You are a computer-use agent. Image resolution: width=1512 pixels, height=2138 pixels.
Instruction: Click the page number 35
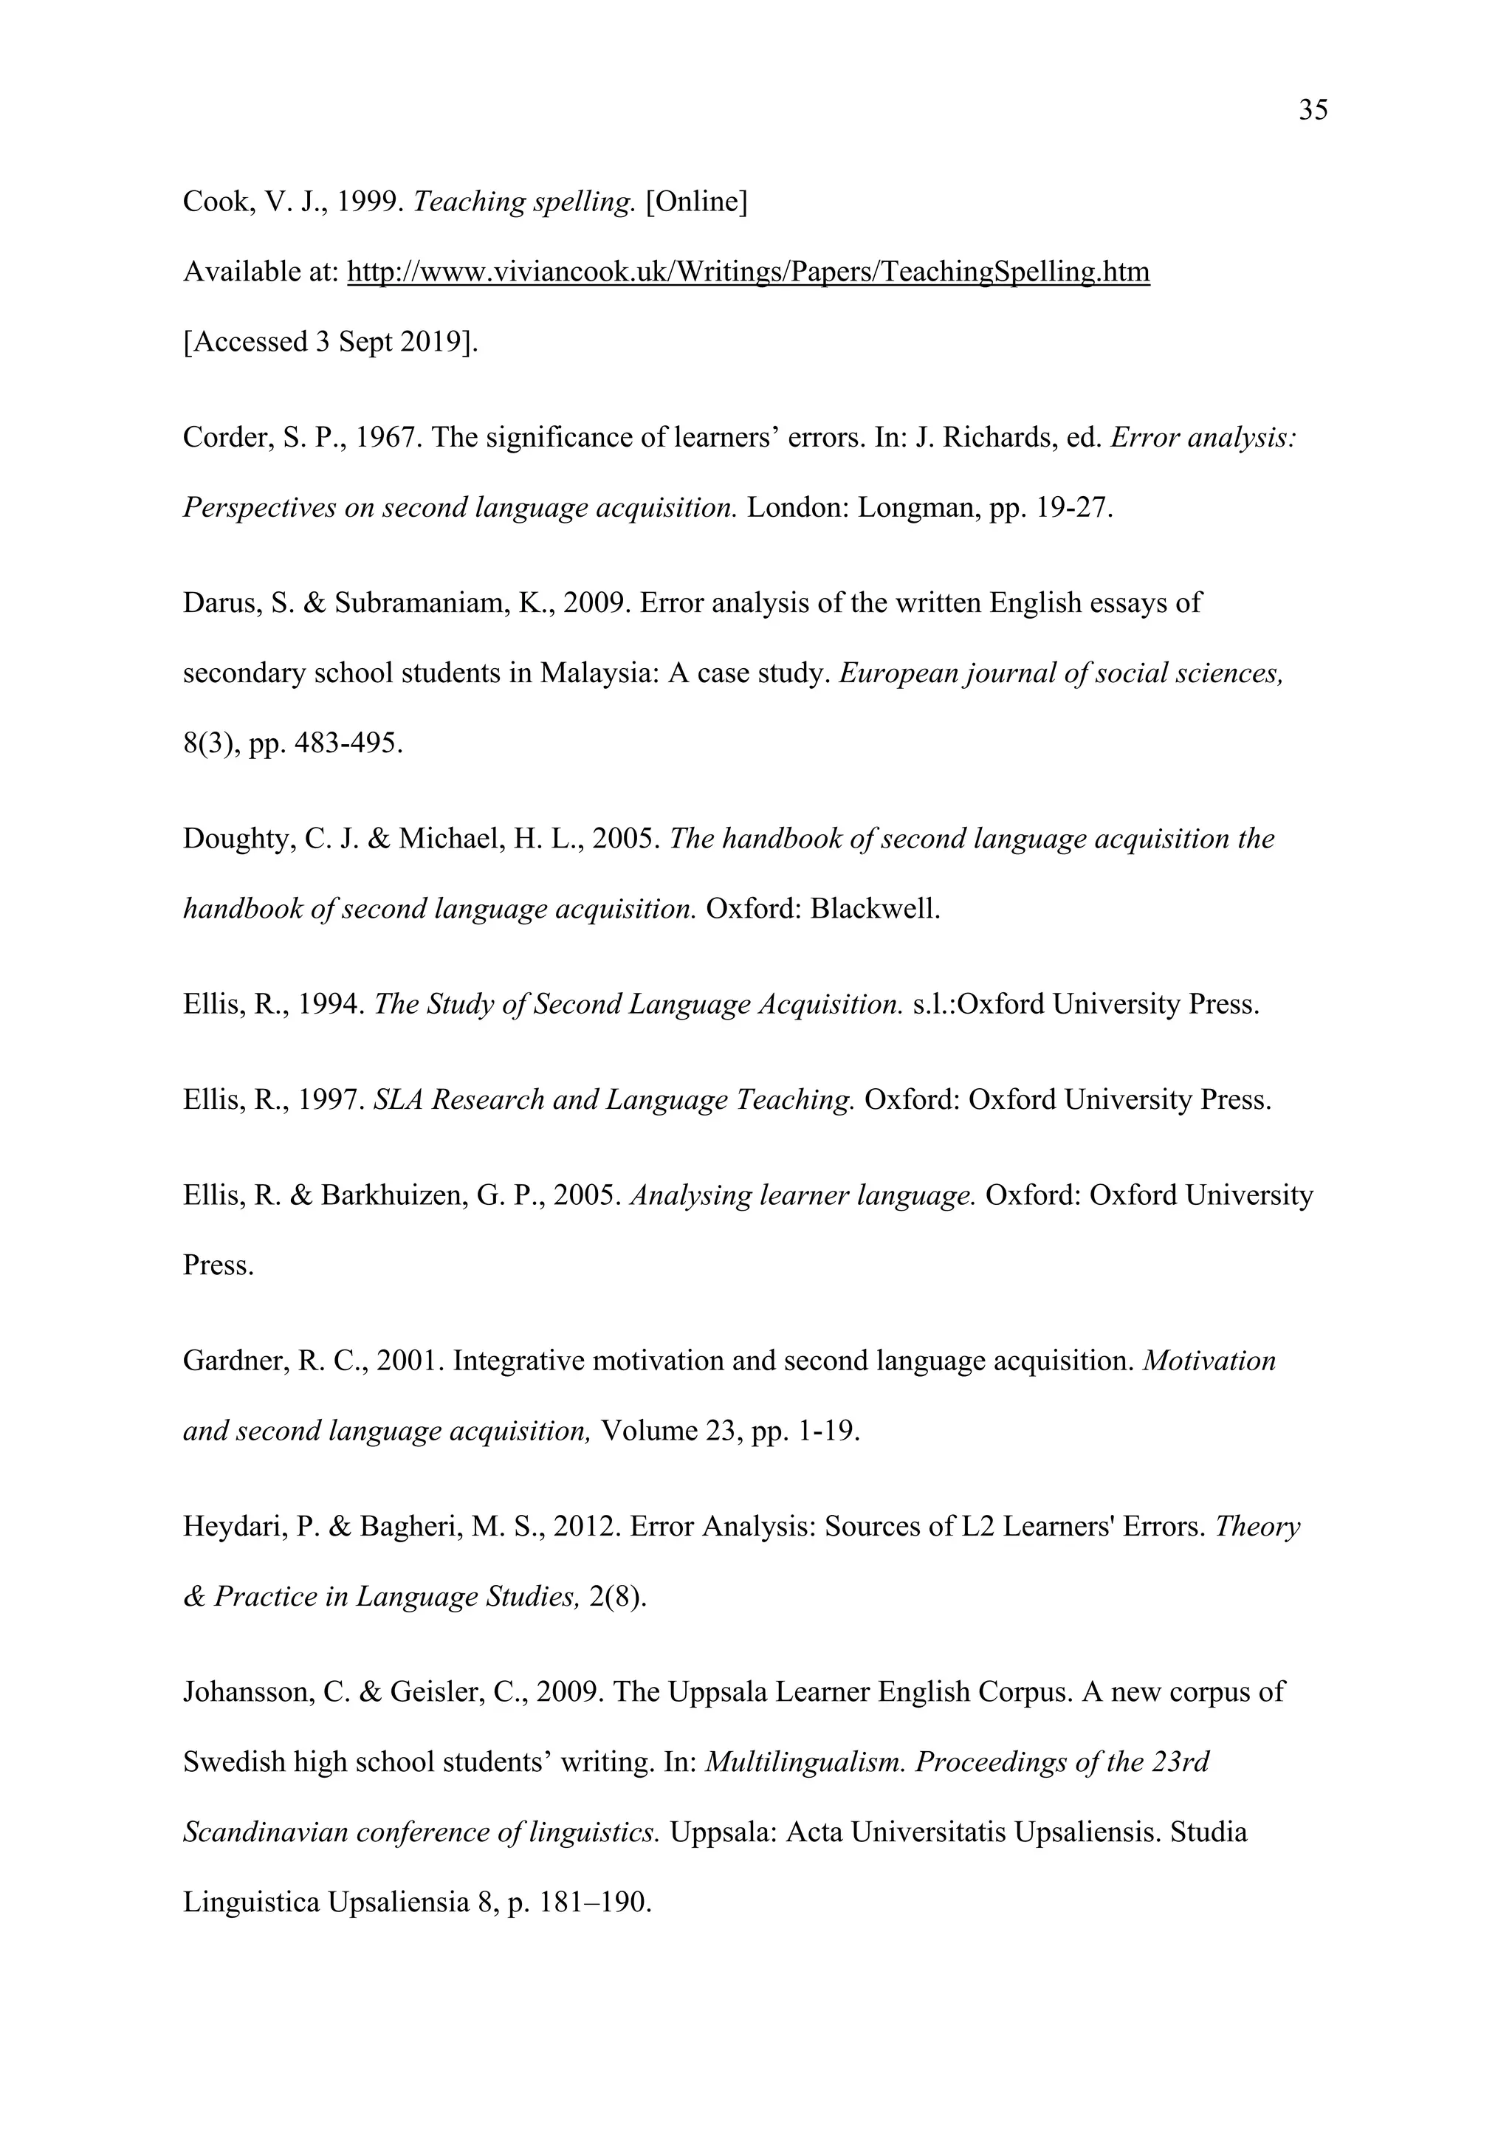[x=1313, y=111]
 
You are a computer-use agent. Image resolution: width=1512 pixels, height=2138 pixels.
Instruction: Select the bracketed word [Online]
[x=696, y=201]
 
